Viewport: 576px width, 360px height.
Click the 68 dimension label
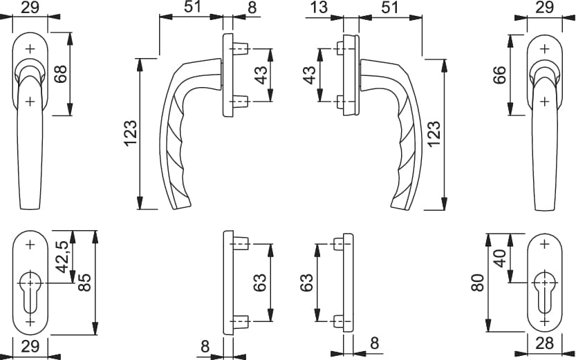(x=60, y=74)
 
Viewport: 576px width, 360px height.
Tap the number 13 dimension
(x=319, y=8)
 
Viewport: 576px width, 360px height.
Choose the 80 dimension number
(x=479, y=283)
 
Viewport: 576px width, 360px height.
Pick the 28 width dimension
(x=544, y=344)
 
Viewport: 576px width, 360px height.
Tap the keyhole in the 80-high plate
(x=544, y=292)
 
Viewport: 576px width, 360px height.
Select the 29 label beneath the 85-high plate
(x=30, y=346)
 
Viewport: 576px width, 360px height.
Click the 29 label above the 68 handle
(x=30, y=8)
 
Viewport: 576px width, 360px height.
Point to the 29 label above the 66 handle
(x=544, y=8)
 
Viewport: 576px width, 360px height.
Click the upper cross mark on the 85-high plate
(x=30, y=244)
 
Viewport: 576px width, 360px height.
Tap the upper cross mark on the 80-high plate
(x=544, y=244)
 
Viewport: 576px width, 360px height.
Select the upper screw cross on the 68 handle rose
(x=30, y=48)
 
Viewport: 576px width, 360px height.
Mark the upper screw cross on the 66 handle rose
(x=544, y=48)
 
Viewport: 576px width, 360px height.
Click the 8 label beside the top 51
(x=252, y=8)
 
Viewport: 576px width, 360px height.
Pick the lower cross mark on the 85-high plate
(x=30, y=322)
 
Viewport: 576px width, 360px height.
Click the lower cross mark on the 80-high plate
(x=544, y=321)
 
